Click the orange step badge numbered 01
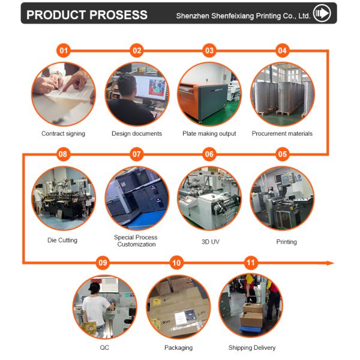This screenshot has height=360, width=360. (64, 51)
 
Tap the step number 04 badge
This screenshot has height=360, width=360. (282, 51)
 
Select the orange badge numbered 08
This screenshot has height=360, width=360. (63, 155)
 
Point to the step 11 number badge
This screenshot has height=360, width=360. (251, 263)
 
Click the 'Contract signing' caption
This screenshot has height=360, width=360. (63, 134)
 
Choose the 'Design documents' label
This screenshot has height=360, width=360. (137, 134)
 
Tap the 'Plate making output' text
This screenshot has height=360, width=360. (209, 134)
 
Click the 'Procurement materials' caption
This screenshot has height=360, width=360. (282, 134)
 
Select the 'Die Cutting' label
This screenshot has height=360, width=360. (62, 241)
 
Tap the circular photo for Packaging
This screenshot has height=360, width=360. (178, 306)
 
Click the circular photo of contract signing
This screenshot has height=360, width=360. (63, 94)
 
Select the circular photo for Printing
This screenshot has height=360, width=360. (282, 198)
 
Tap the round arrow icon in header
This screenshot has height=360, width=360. (323, 13)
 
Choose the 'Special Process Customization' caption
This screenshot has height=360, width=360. (136, 241)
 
